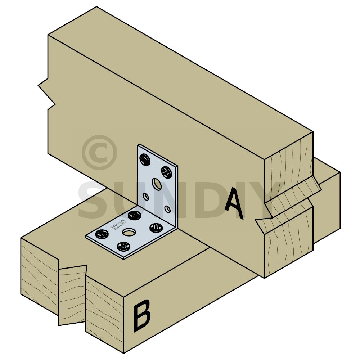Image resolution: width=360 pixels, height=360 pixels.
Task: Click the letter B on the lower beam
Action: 142,315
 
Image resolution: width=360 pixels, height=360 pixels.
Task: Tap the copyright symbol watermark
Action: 99,152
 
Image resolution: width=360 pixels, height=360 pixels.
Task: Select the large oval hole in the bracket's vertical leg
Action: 157,184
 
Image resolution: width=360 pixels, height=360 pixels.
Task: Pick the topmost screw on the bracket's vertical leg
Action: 145,159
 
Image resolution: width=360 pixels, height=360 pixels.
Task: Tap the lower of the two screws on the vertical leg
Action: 166,172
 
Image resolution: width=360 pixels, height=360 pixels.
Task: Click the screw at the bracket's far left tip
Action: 102,234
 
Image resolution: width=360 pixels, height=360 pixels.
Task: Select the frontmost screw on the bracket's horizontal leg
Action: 124,247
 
